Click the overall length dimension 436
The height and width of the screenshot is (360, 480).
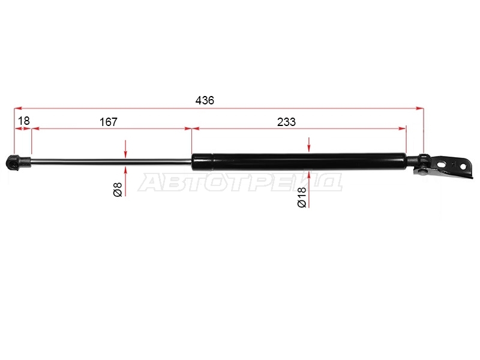tap(205, 100)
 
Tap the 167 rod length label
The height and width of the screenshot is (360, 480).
tap(109, 122)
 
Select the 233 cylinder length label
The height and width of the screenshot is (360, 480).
tap(286, 122)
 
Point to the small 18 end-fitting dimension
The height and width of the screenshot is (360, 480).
tap(24, 121)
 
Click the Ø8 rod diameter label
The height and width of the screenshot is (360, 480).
tap(118, 189)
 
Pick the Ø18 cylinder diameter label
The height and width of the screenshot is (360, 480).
tap(302, 197)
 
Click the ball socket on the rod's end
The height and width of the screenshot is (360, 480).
tap(14, 162)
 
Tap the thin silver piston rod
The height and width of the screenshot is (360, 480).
tap(111, 161)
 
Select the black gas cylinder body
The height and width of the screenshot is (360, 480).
tap(299, 161)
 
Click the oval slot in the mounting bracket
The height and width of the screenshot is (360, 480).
tap(442, 164)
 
